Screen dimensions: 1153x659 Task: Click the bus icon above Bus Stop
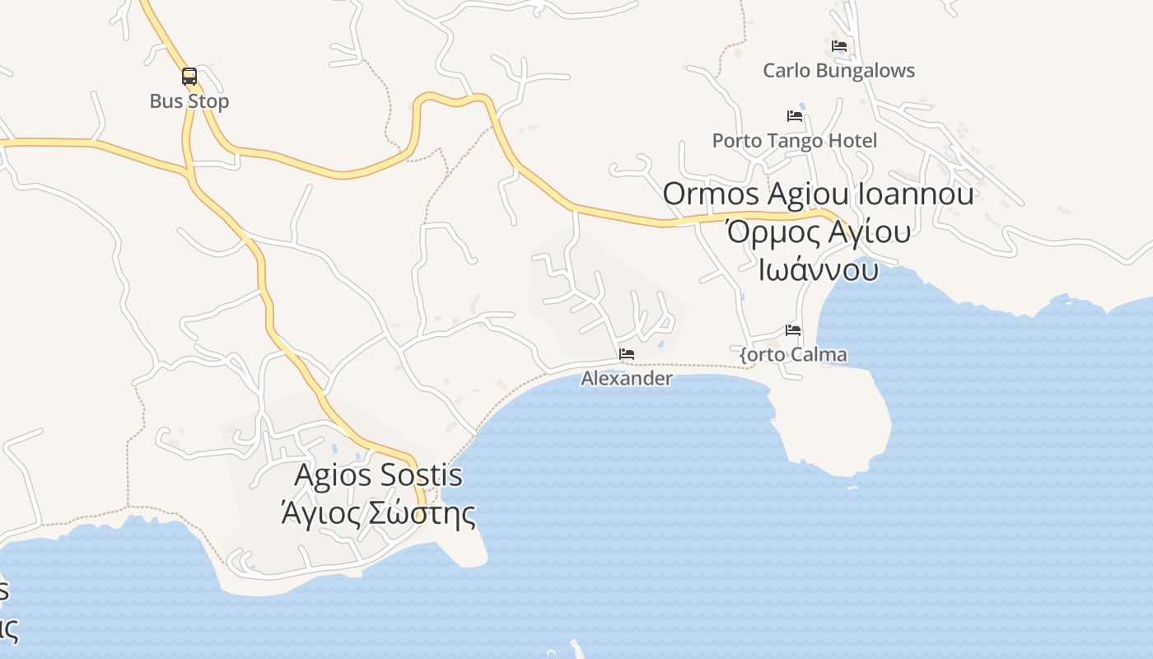click(189, 77)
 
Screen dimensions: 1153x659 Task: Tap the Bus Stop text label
click(189, 101)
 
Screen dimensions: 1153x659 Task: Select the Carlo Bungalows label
click(838, 71)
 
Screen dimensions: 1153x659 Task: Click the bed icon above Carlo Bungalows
click(839, 46)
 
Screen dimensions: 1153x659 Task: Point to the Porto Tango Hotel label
click(795, 141)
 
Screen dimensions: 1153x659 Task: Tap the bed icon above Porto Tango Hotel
click(795, 116)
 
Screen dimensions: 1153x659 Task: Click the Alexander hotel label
click(627, 379)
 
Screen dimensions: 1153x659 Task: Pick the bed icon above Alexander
click(627, 354)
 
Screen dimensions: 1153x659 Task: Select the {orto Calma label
click(793, 355)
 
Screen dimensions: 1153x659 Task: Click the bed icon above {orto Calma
click(793, 330)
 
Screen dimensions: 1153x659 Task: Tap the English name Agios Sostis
click(378, 476)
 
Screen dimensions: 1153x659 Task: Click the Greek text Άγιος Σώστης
click(378, 513)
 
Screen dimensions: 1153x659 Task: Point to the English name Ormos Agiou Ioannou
click(819, 194)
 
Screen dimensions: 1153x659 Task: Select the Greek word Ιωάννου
click(819, 269)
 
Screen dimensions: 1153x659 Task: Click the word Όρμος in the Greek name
click(771, 232)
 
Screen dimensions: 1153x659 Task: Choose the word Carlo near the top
click(786, 71)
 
